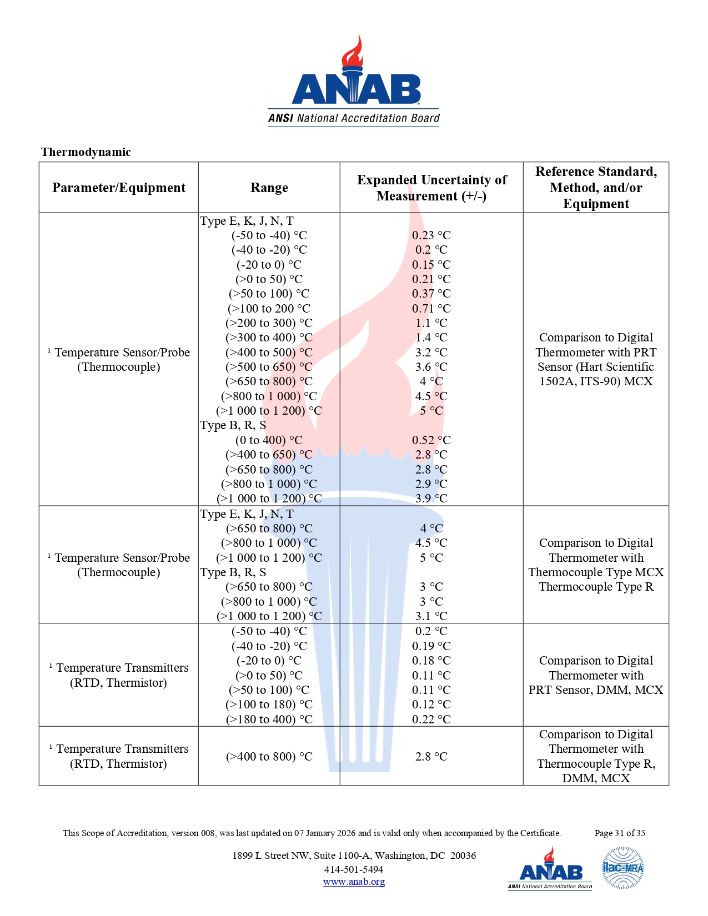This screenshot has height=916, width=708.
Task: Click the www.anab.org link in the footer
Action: click(354, 882)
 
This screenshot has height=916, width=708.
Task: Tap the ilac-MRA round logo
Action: click(623, 868)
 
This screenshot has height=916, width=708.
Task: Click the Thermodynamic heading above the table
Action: click(86, 152)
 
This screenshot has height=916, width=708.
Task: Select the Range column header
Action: click(269, 188)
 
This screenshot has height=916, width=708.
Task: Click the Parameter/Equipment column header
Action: click(119, 188)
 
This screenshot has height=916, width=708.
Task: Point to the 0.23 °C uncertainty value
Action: click(431, 235)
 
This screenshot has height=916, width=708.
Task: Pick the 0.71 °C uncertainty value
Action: click(431, 309)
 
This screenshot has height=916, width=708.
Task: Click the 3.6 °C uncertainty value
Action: click(431, 367)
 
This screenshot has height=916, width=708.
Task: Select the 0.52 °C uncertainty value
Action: click(431, 440)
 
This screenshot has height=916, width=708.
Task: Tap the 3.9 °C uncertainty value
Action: click(431, 499)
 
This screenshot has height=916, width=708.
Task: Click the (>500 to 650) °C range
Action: click(269, 367)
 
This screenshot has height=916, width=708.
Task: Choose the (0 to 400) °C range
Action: click(269, 440)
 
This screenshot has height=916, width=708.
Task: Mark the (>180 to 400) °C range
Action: click(269, 719)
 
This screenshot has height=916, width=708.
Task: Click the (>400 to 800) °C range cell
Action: click(269, 757)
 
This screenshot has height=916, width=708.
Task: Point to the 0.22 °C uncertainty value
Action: click(431, 719)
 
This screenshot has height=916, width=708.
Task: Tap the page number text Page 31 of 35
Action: click(619, 833)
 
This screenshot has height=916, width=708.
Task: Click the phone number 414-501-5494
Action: click(354, 869)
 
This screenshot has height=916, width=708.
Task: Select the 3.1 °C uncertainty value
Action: click(431, 616)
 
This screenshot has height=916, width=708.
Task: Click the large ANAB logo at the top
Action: click(354, 83)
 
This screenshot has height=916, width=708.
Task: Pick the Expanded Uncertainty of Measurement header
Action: click(431, 188)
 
